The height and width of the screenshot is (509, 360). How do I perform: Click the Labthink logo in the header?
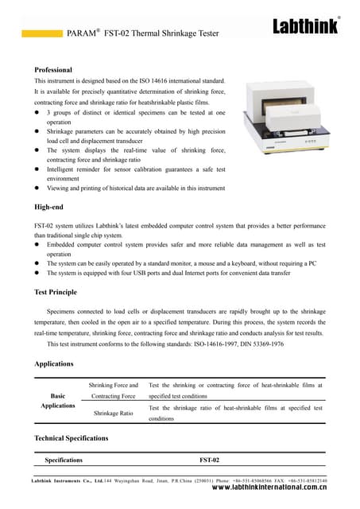click(306, 26)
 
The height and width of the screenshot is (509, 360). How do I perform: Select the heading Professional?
click(54, 70)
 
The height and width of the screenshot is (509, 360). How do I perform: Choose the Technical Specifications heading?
click(72, 438)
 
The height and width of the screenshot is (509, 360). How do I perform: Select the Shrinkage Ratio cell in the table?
click(114, 414)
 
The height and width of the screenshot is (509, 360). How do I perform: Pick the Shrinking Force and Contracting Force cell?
click(114, 390)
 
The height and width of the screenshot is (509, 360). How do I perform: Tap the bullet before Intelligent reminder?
click(37, 169)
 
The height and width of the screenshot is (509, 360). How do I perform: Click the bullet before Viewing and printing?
click(37, 188)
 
